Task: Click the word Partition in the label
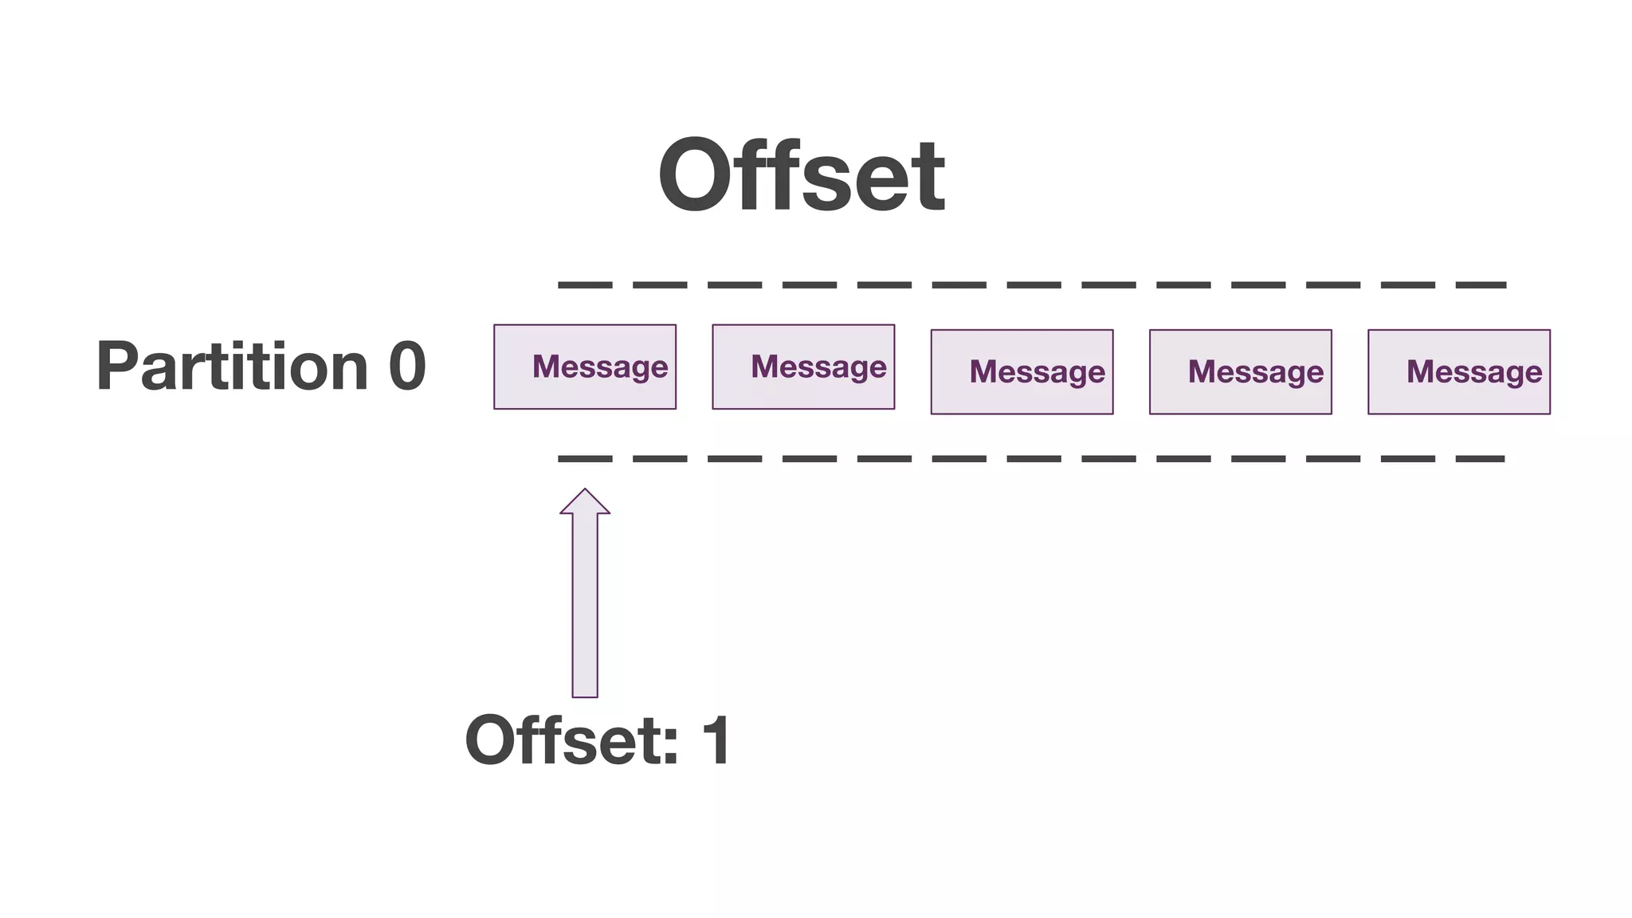click(x=232, y=367)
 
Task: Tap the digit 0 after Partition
click(x=406, y=367)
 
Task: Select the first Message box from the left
click(x=585, y=367)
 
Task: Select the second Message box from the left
click(x=803, y=367)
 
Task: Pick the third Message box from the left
click(x=1022, y=371)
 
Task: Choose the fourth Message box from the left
click(x=1240, y=371)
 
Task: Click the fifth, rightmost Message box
click(x=1458, y=371)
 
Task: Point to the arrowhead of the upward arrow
click(x=585, y=502)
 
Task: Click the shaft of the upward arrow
click(x=585, y=606)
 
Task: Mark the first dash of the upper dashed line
click(x=585, y=284)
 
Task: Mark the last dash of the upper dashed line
click(x=1481, y=284)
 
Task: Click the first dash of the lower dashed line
click(x=585, y=459)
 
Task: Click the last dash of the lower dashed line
click(x=1480, y=459)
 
